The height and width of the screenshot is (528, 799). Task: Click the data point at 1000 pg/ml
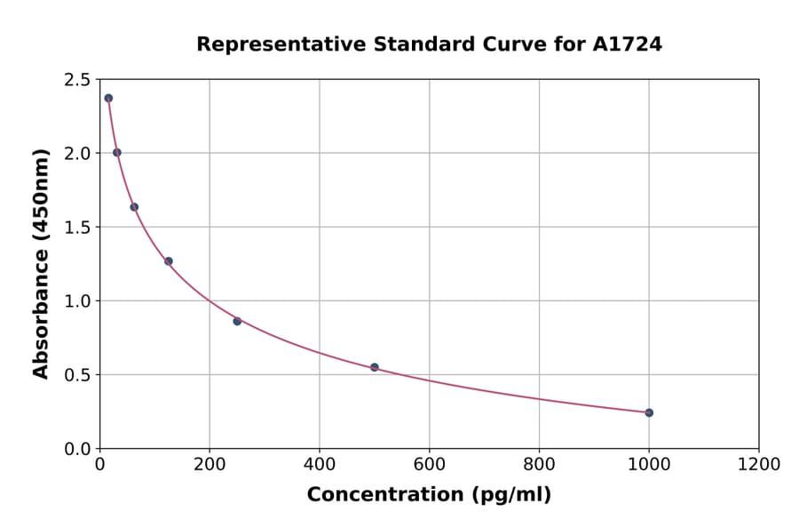[x=649, y=412]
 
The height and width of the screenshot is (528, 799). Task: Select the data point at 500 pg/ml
[x=375, y=367]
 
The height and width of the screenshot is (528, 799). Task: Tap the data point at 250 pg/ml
[x=237, y=321]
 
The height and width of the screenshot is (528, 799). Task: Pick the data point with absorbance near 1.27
[x=169, y=261]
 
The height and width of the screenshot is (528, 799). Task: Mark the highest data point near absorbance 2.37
[x=108, y=99]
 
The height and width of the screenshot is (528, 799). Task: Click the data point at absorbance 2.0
[x=117, y=153]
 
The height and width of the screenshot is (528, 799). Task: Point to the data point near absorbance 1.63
[x=134, y=207]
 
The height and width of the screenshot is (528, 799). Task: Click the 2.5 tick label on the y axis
[x=76, y=80]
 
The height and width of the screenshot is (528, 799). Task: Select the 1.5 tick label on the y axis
[x=76, y=228]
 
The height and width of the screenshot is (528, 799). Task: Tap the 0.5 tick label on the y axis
[x=76, y=375]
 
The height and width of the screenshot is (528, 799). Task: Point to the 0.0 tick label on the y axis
[x=76, y=449]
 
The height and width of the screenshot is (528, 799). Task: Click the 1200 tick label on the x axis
[x=758, y=465]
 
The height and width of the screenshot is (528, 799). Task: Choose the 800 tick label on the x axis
[x=539, y=465]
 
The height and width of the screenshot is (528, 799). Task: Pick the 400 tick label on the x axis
[x=320, y=465]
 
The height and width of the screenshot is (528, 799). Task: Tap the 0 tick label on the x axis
[x=100, y=465]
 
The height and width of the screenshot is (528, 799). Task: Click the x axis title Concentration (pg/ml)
[x=429, y=495]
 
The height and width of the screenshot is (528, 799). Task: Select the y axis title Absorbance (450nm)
[x=41, y=264]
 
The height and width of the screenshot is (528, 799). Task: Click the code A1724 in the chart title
[x=627, y=44]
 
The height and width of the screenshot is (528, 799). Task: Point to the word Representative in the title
[x=272, y=44]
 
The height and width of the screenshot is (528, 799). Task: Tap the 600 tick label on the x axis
[x=429, y=465]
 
